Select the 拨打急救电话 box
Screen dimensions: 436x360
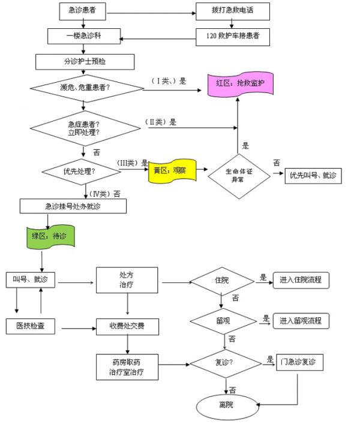tap(232, 11)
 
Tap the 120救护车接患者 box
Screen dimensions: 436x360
tap(232, 36)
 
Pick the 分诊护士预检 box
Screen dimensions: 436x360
tap(85, 62)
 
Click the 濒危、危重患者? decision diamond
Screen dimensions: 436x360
tap(85, 88)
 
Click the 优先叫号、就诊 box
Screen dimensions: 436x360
tap(312, 175)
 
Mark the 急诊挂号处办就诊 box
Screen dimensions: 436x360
tap(73, 206)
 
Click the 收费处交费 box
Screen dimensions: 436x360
tap(127, 327)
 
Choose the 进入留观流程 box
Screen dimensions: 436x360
tap(300, 321)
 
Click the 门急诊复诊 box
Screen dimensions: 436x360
tap(300, 363)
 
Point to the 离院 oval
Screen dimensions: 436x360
tap(226, 405)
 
